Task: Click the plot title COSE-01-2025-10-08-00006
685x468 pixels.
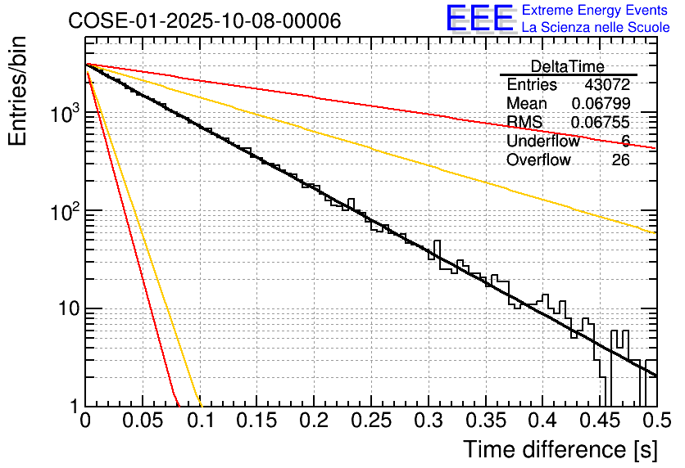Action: tap(204, 21)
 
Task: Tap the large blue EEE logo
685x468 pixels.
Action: tap(479, 19)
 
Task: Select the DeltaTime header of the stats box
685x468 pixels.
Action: tap(568, 67)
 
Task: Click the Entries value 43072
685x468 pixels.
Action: tap(607, 85)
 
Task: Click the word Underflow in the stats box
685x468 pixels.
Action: tap(543, 142)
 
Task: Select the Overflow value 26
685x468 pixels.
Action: tap(621, 160)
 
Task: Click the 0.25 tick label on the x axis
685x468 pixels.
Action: tap(371, 421)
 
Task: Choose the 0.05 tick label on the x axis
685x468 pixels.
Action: tap(143, 421)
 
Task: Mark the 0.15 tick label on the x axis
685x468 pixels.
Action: tap(256, 421)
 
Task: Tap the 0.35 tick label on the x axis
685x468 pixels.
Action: tap(485, 421)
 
